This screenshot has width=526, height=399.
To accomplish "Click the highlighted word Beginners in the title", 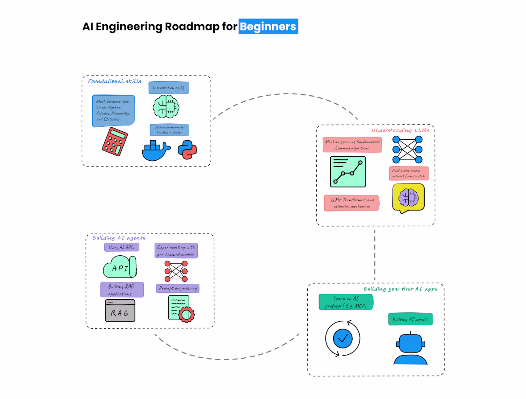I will (x=268, y=26).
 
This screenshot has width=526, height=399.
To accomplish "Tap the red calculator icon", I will (x=115, y=142).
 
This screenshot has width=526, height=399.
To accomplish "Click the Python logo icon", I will (x=187, y=149).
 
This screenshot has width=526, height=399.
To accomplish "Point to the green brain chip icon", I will (x=166, y=107).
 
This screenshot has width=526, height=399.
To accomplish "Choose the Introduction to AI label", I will (x=169, y=88).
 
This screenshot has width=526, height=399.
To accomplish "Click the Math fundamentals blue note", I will (x=113, y=111).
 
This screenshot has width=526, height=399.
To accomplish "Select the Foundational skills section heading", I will (x=115, y=81).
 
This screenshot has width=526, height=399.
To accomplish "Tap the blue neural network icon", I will (x=408, y=149).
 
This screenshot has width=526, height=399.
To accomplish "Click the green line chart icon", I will (x=348, y=172).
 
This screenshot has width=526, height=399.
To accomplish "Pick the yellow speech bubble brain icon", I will (x=408, y=198).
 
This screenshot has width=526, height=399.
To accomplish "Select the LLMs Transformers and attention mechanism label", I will (x=352, y=203).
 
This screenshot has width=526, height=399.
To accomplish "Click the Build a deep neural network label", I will (x=409, y=173).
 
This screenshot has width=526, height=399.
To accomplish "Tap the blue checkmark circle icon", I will (x=342, y=338).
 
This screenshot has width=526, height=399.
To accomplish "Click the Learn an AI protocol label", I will (x=346, y=302).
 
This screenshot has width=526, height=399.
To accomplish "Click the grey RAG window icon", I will (x=120, y=311).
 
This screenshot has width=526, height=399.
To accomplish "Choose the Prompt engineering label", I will (x=178, y=288).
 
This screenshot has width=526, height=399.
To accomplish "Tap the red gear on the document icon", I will (x=186, y=314).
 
